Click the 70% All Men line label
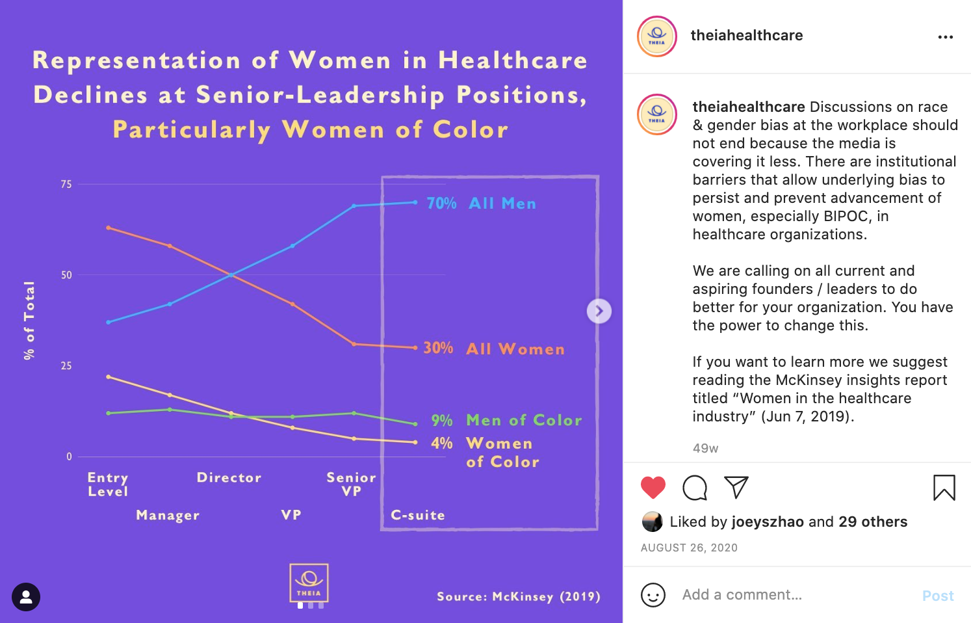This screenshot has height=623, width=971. tap(481, 204)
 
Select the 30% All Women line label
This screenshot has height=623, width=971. tap(494, 349)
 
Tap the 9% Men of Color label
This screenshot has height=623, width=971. tap(507, 420)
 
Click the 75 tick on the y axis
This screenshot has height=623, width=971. tap(66, 185)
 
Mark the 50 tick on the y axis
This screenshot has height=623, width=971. tap(66, 275)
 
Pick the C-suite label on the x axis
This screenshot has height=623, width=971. tap(418, 515)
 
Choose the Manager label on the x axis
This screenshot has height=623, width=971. tap(168, 515)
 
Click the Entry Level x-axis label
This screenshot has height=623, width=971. tap(108, 484)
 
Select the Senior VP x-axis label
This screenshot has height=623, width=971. tap(351, 484)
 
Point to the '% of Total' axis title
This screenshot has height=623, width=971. tap(29, 320)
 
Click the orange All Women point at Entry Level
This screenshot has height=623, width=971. tap(109, 228)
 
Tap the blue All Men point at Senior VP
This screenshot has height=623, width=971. tap(354, 206)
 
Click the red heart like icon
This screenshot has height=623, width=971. tap(653, 487)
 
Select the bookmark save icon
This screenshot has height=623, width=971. tap(944, 487)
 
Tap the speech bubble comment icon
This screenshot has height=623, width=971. tap(695, 487)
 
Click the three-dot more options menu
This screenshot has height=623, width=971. tap(946, 37)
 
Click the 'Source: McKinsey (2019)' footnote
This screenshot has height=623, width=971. tap(518, 596)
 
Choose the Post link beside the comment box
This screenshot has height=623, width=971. tap(938, 596)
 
